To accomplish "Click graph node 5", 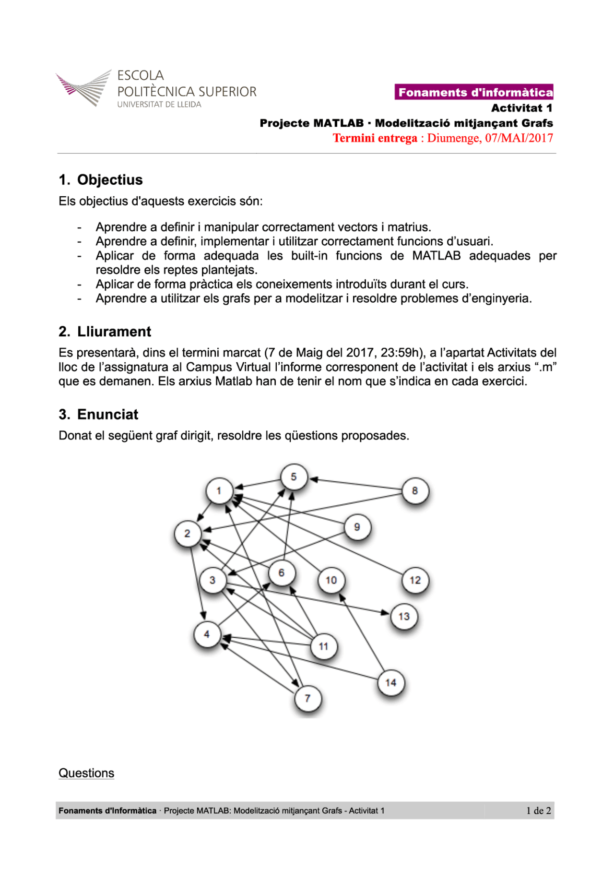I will [x=294, y=477].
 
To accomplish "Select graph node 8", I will [x=415, y=491].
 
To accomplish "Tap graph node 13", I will [x=404, y=617].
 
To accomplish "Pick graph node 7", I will [x=307, y=699].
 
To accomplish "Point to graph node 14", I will [x=391, y=683].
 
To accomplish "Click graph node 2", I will [x=188, y=534].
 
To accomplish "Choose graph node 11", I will [x=323, y=646].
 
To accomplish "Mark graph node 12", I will [x=415, y=580].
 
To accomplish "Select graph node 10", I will [x=331, y=580].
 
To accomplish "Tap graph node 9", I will [x=357, y=527].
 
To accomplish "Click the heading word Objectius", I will [x=110, y=180].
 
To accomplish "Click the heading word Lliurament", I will [x=114, y=332].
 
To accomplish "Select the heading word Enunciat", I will [x=107, y=415].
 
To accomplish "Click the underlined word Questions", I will [x=86, y=773].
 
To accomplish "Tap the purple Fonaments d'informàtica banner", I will [x=474, y=92].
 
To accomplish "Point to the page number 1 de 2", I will [x=539, y=810].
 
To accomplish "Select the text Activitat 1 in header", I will [x=521, y=108].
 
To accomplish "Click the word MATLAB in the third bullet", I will [x=436, y=256].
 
